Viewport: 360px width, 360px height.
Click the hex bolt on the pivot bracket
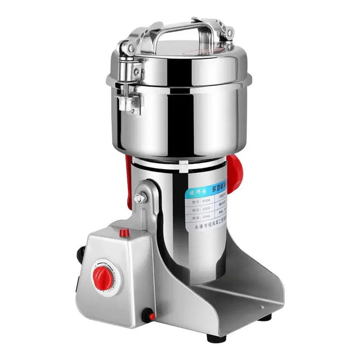(x=139, y=198)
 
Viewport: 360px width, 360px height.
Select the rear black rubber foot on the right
(x=265, y=317)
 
